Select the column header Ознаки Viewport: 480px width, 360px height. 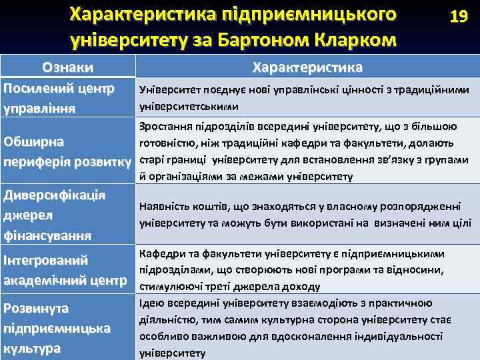pos(67,67)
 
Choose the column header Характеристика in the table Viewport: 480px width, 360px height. pos(307,67)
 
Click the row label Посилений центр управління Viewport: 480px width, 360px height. pos(59,97)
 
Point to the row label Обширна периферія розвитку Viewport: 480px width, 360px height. pos(67,151)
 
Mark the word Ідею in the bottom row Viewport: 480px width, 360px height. pos(148,303)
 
